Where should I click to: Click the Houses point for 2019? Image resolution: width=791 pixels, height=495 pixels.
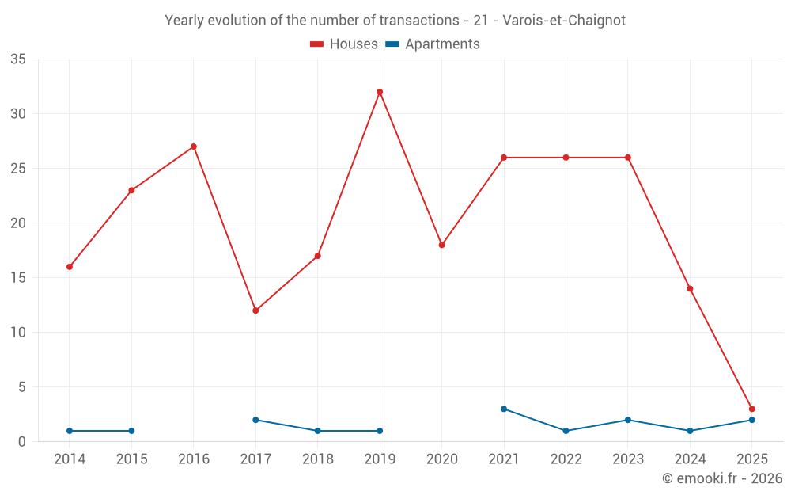click(x=380, y=92)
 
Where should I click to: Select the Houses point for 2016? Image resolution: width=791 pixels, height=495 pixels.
click(x=193, y=147)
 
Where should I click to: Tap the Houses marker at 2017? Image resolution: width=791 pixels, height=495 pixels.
click(x=255, y=310)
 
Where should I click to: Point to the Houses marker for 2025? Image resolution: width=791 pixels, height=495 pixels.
click(x=751, y=409)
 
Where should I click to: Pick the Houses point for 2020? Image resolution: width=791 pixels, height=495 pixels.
click(x=441, y=245)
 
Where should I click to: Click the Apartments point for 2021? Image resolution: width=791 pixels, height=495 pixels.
click(x=504, y=409)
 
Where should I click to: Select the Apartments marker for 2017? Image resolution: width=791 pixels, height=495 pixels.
click(x=255, y=420)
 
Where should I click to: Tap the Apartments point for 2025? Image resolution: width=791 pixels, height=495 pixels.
click(x=751, y=420)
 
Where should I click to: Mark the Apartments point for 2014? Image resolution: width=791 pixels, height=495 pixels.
click(x=70, y=431)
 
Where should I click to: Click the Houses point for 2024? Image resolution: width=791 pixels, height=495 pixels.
click(x=690, y=288)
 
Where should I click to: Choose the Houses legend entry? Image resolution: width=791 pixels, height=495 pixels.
click(x=344, y=44)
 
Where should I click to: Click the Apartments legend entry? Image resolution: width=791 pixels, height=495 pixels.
click(x=433, y=44)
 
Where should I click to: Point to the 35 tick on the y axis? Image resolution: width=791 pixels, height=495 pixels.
click(x=18, y=59)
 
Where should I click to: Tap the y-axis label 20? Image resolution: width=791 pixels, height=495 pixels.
click(x=18, y=223)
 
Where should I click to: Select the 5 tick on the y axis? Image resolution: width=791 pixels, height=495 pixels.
click(x=22, y=387)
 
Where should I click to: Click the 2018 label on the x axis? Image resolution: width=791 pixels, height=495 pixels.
click(x=317, y=459)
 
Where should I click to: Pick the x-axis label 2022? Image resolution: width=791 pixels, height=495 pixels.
click(x=566, y=459)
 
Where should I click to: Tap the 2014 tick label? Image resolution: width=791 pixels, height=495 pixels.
click(x=70, y=459)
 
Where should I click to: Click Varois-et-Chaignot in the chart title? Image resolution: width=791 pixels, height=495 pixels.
click(x=564, y=21)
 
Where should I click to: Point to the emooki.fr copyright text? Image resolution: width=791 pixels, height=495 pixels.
click(x=722, y=478)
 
